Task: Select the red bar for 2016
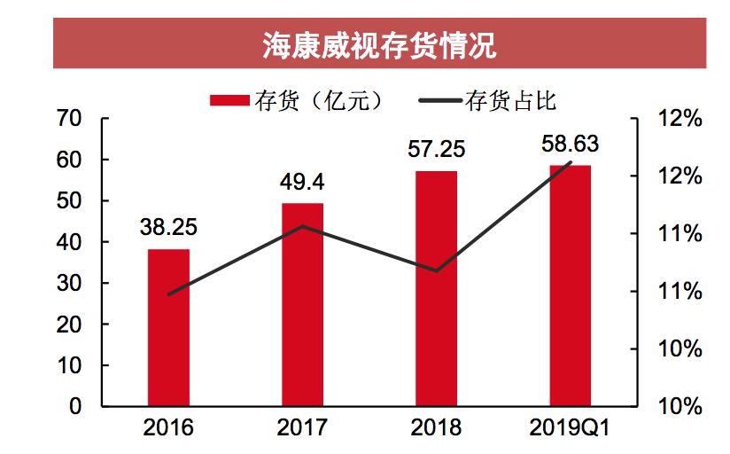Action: pyautogui.click(x=168, y=328)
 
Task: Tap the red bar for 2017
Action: pyautogui.click(x=302, y=305)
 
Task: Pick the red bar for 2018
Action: pyautogui.click(x=436, y=288)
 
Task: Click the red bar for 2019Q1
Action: pyautogui.click(x=570, y=286)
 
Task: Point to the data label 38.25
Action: pyautogui.click(x=168, y=227)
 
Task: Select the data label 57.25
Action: pyautogui.click(x=436, y=149)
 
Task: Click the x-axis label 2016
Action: pyautogui.click(x=168, y=427)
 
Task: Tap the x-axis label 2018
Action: pyautogui.click(x=436, y=427)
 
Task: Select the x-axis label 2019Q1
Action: pyautogui.click(x=570, y=427)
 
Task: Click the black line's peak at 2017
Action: pyautogui.click(x=302, y=226)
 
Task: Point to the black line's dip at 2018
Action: pyautogui.click(x=436, y=270)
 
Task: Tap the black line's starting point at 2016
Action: pyautogui.click(x=168, y=294)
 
